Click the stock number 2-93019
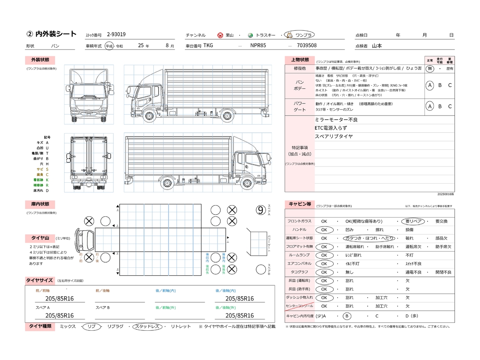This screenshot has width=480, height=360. [116, 34]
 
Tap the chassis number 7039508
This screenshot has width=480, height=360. [306, 45]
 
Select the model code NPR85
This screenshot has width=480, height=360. [258, 45]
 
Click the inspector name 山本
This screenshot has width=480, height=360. [377, 46]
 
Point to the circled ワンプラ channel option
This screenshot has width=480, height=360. [299, 35]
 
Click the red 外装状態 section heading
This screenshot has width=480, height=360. [40, 60]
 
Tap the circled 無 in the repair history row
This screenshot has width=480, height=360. [430, 69]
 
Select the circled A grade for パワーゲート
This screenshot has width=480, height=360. [430, 106]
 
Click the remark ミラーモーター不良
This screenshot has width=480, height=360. [336, 120]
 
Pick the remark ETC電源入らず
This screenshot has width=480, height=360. [331, 128]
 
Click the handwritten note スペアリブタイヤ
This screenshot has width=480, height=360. [334, 136]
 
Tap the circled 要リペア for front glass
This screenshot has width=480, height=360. [413, 221]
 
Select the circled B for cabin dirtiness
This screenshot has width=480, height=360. [347, 316]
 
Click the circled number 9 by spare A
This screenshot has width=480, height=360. [261, 210]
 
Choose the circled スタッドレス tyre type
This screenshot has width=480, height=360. [147, 327]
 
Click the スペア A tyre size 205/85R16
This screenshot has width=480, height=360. [60, 316]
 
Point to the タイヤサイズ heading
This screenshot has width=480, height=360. [39, 280]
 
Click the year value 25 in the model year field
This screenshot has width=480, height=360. [141, 45]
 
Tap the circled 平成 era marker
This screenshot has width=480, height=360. [109, 46]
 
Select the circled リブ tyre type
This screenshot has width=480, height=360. [91, 327]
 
